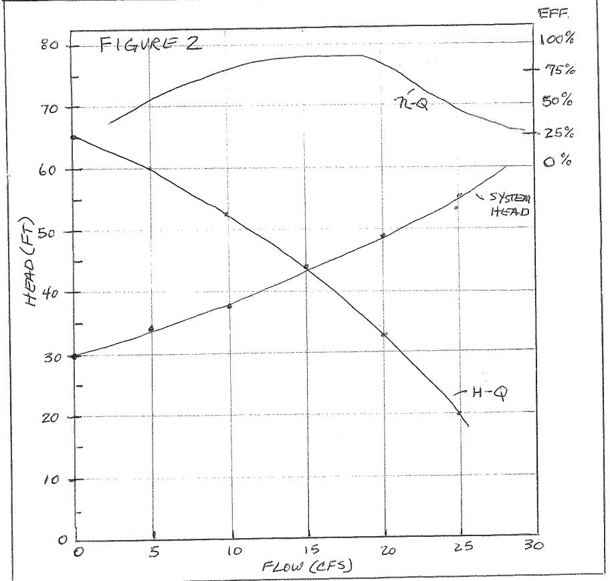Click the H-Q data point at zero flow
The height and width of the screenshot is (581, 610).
(74, 137)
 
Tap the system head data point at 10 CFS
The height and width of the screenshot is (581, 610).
(229, 306)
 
